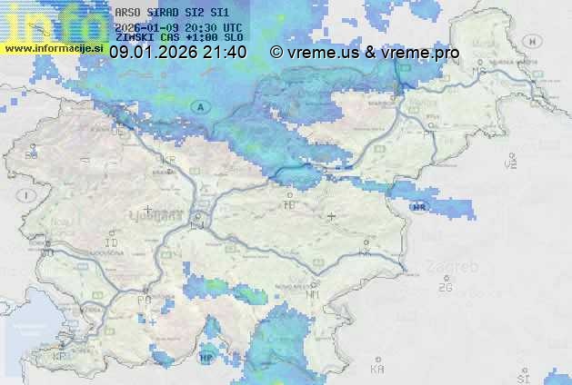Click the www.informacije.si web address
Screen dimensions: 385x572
coord(53,47)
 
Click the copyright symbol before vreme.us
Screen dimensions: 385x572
coord(276,53)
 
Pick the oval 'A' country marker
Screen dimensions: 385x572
coord(199,106)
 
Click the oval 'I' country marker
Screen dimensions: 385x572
coord(29,195)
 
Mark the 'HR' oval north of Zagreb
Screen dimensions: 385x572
coord(419,206)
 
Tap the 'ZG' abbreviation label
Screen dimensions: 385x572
coord(445,288)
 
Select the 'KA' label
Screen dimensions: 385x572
coord(377,370)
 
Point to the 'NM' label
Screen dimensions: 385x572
coord(313,295)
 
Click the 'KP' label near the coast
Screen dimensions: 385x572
coord(60,357)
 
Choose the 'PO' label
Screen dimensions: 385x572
coord(144,299)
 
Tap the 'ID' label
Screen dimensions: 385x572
coord(112,243)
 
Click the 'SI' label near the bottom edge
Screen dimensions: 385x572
coord(523,377)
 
